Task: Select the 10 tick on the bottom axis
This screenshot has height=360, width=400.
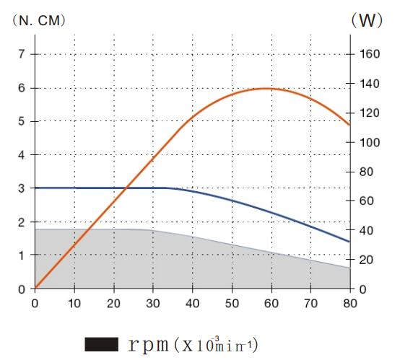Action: (x=74, y=303)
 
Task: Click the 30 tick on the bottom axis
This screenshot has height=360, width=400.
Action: (x=153, y=303)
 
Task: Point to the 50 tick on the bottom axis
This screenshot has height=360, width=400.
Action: (x=232, y=303)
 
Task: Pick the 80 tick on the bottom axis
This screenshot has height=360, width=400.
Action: (x=349, y=303)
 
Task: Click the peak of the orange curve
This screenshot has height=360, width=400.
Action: (x=265, y=88)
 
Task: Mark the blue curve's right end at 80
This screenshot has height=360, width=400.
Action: (x=349, y=242)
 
